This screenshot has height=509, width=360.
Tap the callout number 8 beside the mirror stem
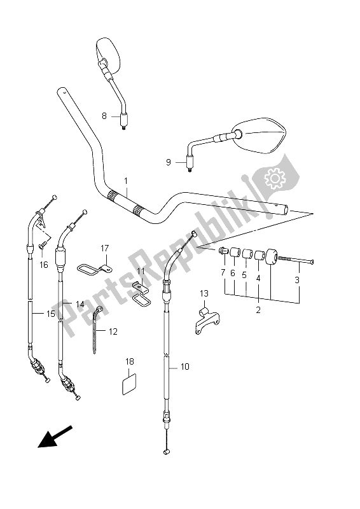coord(104,116)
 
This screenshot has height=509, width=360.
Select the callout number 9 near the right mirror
coord(169,162)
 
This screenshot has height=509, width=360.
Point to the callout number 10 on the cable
coord(185,366)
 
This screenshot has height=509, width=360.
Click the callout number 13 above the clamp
coord(204,293)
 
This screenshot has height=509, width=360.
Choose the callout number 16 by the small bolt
coord(44,264)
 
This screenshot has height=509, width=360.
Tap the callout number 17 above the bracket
coord(105,248)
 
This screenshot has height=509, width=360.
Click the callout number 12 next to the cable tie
coord(113,331)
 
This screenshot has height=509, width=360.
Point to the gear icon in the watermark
coord(277,180)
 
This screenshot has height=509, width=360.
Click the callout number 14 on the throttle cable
coord(80,304)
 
